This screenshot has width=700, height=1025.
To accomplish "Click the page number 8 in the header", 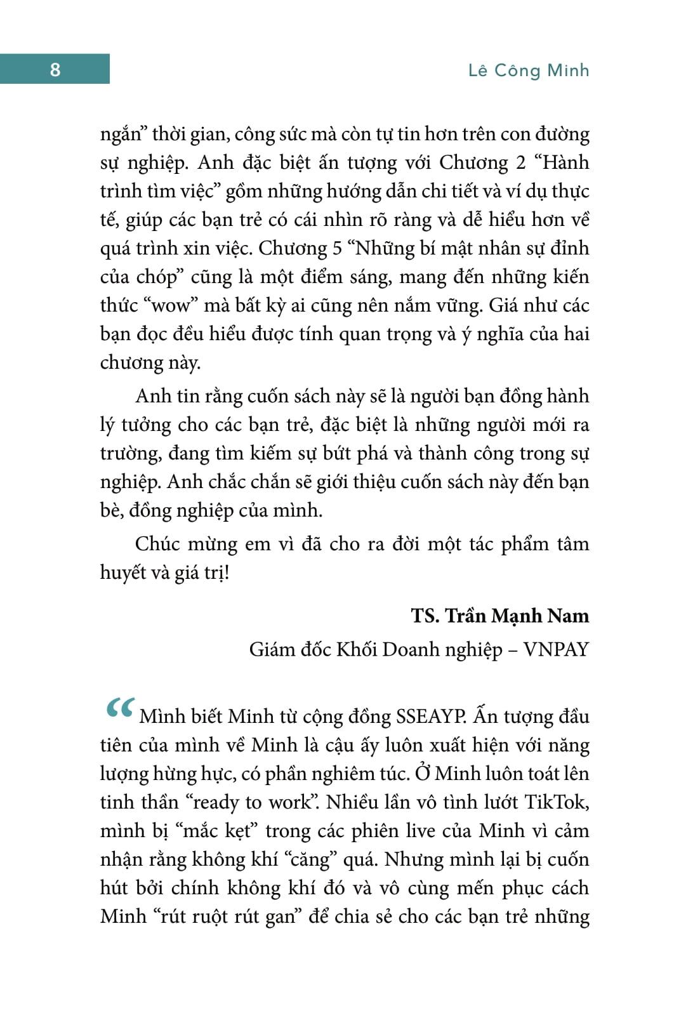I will pyautogui.click(x=55, y=69).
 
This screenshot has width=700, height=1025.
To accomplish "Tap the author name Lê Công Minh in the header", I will pyautogui.click(x=529, y=70).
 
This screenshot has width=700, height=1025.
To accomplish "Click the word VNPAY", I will pyautogui.click(x=556, y=650).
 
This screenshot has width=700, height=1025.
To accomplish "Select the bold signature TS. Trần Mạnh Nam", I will pyautogui.click(x=500, y=616).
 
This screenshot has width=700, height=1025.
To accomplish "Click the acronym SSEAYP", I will pyautogui.click(x=432, y=717).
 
